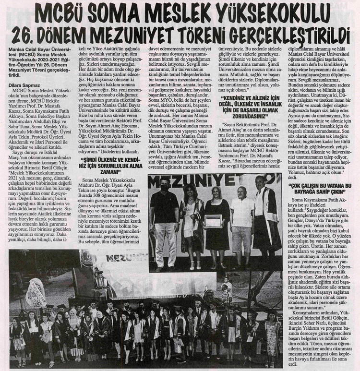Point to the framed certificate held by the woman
pyautogui.click(x=212, y=220)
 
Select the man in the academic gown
pyautogui.click(x=267, y=216)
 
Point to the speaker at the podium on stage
pyautogui.click(x=99, y=281)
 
